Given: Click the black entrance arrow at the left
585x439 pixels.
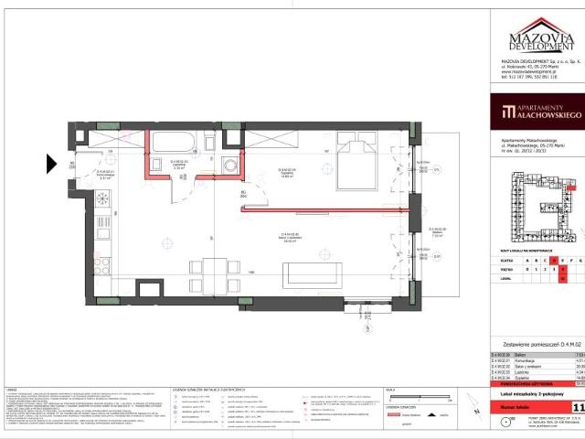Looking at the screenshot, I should pyautogui.click(x=51, y=165).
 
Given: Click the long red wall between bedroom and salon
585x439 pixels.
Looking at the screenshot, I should pyautogui.click(x=324, y=209).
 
